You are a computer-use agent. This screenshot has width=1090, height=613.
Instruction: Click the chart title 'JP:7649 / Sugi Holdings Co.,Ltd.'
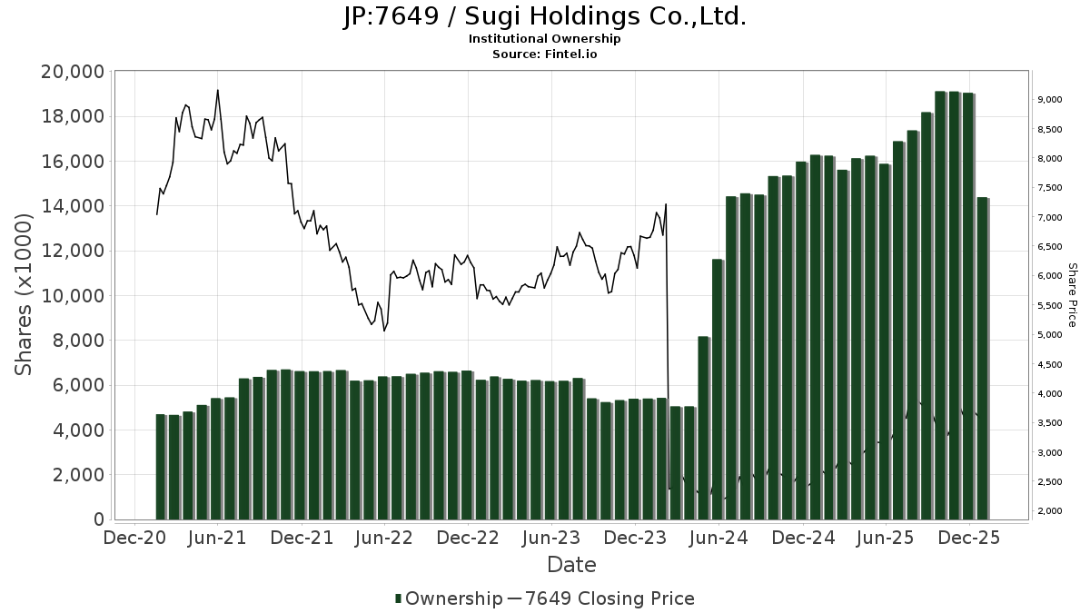tap(544, 16)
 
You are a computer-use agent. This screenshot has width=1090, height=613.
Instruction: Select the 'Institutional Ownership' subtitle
tap(544, 39)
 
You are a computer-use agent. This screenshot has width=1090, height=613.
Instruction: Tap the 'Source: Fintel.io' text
tap(544, 54)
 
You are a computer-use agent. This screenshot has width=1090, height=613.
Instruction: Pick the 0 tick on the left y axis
tap(98, 519)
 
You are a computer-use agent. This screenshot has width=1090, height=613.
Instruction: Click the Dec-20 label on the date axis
tap(134, 539)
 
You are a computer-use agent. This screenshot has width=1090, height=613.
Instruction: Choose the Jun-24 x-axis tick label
tap(718, 539)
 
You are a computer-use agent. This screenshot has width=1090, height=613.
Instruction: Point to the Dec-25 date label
tap(969, 539)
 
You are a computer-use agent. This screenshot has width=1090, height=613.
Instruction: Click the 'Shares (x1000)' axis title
tap(25, 295)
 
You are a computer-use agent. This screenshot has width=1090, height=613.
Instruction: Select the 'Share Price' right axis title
tap(1072, 295)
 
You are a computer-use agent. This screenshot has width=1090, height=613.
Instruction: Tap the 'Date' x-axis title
tap(571, 565)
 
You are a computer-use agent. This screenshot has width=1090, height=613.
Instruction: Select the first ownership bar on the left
tap(161, 467)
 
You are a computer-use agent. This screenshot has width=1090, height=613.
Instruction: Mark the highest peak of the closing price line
tap(218, 90)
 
